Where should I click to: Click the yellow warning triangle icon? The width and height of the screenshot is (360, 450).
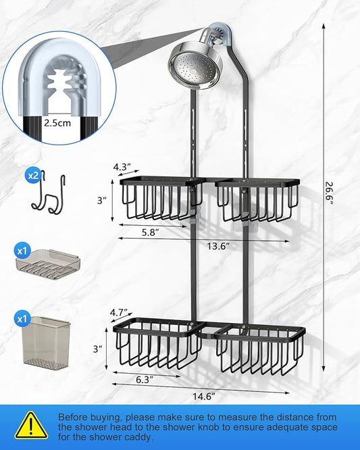[x=31, y=425]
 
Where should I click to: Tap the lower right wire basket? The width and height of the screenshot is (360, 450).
[x=260, y=350]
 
